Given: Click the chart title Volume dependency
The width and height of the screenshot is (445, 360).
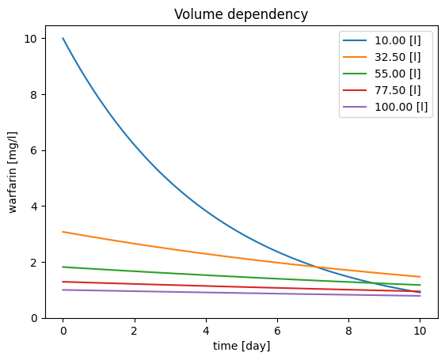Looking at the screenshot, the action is pyautogui.click(x=241, y=14).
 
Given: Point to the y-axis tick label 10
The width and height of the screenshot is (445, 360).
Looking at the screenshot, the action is pyautogui.click(x=31, y=39).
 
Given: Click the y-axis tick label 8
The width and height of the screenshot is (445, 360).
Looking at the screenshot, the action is pyautogui.click(x=34, y=95).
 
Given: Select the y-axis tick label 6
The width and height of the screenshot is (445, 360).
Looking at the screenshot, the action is pyautogui.click(x=34, y=150).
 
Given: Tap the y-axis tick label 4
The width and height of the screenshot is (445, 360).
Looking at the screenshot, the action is pyautogui.click(x=34, y=207).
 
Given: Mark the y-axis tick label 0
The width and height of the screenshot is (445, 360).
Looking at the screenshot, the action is pyautogui.click(x=34, y=319).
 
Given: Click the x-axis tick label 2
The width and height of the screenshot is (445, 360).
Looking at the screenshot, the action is pyautogui.click(x=135, y=331).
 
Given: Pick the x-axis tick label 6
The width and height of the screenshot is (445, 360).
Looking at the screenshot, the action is pyautogui.click(x=277, y=331).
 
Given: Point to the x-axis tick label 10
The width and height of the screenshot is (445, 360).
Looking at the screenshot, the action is pyautogui.click(x=420, y=331).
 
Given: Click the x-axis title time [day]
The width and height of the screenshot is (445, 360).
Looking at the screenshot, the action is pyautogui.click(x=242, y=346).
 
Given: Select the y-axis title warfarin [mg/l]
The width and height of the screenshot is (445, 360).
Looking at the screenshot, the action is pyautogui.click(x=13, y=172).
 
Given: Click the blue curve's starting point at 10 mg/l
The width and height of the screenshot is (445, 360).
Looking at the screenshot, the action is pyautogui.click(x=63, y=38).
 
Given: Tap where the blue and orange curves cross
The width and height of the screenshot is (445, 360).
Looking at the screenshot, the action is pyautogui.click(x=316, y=267).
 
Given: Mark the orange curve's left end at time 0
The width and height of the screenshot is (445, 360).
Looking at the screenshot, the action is pyautogui.click(x=63, y=232).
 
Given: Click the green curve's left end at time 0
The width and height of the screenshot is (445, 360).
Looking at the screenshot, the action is pyautogui.click(x=63, y=267).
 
